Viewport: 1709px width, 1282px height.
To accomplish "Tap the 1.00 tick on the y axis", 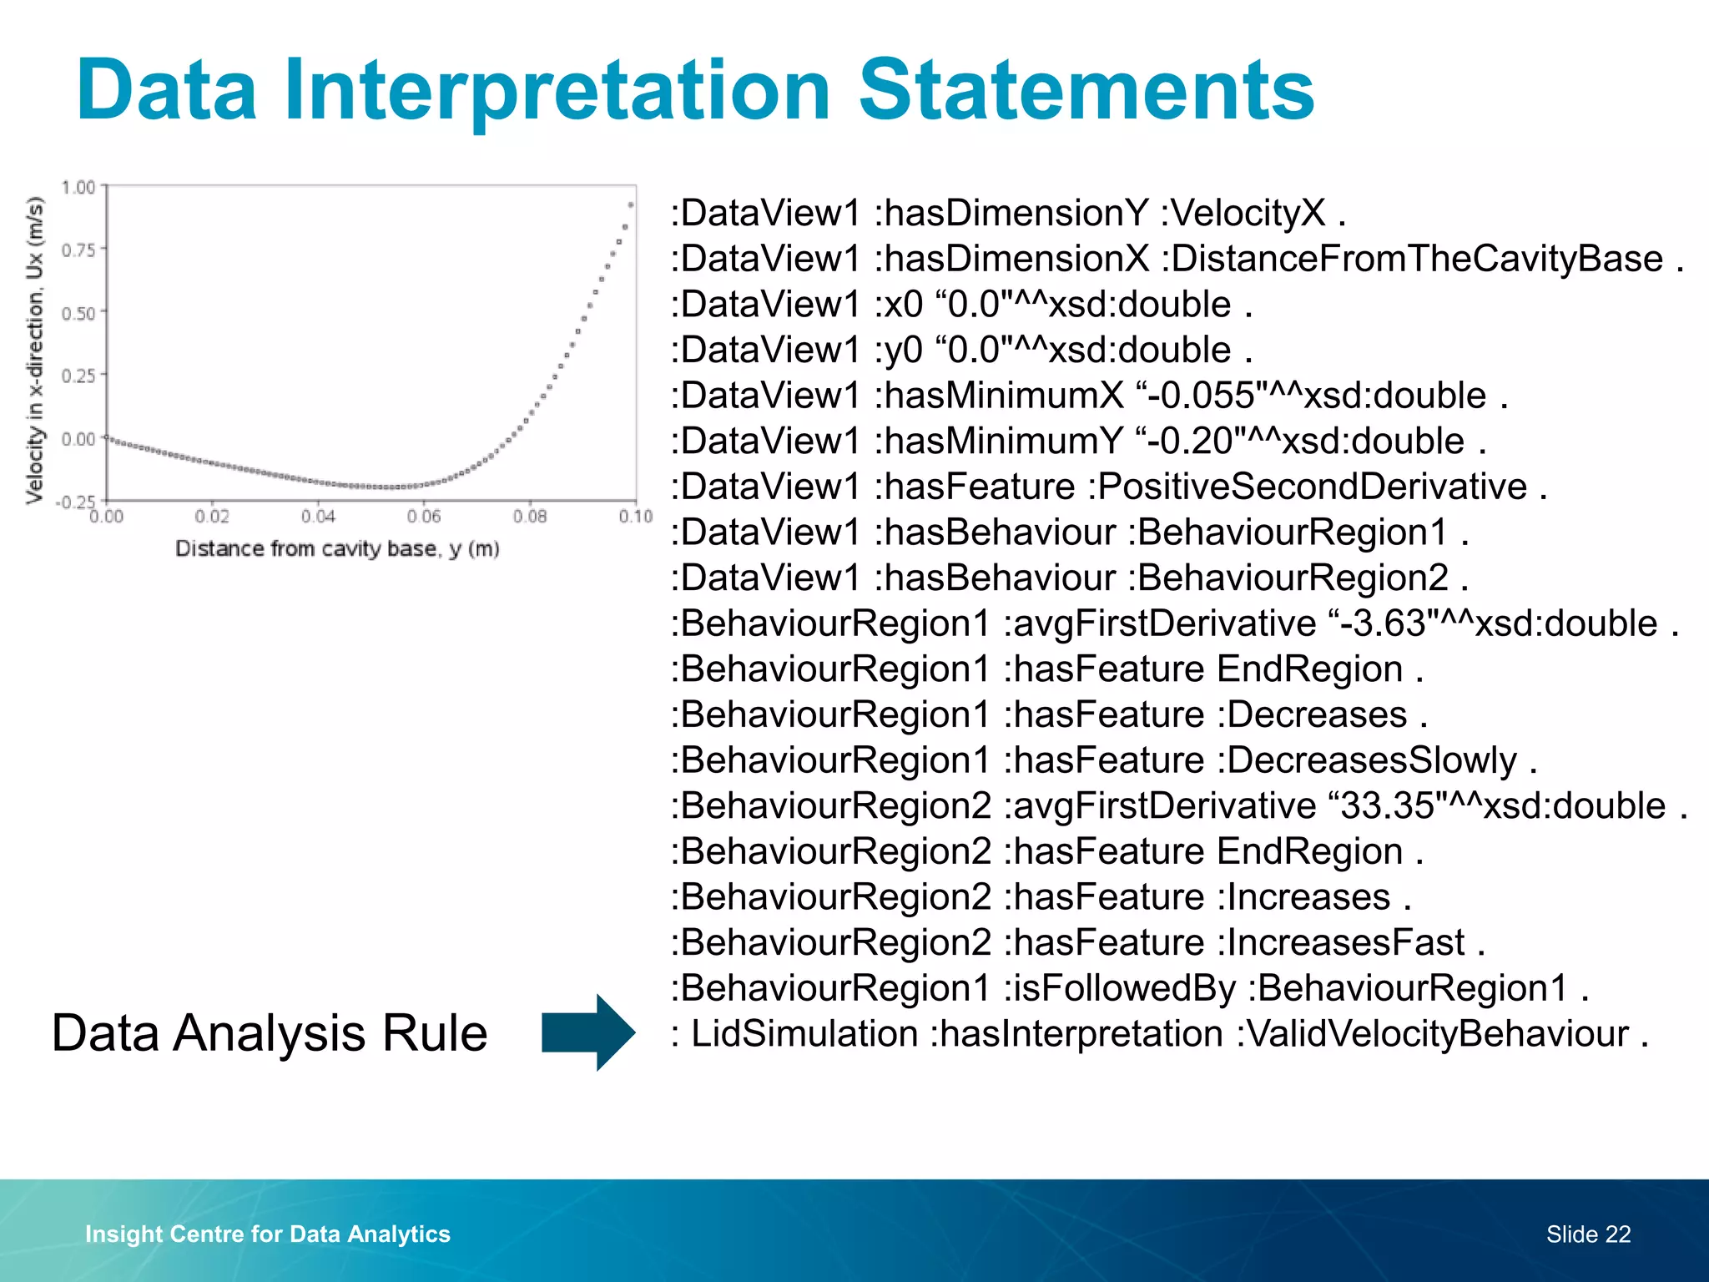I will point(78,187).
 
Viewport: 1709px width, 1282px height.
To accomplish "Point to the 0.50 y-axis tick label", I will point(78,313).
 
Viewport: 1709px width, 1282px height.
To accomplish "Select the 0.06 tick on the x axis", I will point(424,517).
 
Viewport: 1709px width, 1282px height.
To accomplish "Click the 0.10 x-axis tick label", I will point(635,517).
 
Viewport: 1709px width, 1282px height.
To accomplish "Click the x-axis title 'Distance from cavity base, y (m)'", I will point(337,549).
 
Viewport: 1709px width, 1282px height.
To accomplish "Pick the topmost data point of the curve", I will point(631,204).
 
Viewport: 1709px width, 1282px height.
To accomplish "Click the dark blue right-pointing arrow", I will point(588,1032).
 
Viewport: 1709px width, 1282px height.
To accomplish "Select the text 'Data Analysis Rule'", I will point(269,1033).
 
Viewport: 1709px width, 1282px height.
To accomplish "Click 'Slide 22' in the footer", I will point(1588,1234).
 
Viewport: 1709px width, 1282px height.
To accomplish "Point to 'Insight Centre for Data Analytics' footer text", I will point(268,1234).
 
